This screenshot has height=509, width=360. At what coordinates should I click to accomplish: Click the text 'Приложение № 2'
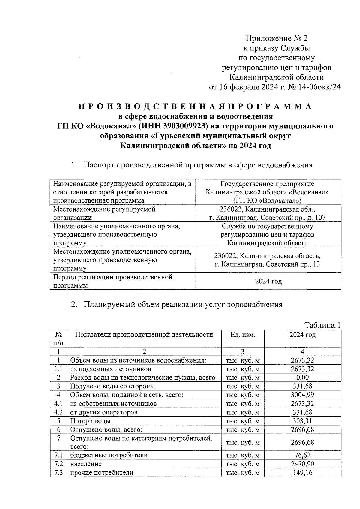tap(277, 38)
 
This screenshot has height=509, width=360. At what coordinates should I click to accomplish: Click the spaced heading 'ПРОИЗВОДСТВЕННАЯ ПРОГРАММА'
tap(195, 107)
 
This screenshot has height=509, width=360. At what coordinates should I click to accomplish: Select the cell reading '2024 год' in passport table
tap(268, 281)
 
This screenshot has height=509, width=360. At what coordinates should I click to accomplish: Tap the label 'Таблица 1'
tap(322, 325)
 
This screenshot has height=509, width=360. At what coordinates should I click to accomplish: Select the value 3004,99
tap(302, 395)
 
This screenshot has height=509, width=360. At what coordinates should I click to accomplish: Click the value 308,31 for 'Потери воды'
tap(302, 421)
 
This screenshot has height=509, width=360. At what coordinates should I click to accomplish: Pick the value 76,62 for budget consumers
tap(302, 455)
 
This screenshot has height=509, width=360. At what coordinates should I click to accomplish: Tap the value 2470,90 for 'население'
tap(302, 464)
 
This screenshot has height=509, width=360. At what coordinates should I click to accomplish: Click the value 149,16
tap(302, 473)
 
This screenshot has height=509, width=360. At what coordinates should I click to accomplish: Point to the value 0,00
tap(302, 378)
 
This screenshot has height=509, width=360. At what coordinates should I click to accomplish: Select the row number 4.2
tap(58, 412)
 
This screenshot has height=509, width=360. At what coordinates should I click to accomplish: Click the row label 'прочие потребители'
tap(102, 473)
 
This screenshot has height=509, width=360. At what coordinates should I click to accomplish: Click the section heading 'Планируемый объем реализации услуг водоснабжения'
tap(183, 305)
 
